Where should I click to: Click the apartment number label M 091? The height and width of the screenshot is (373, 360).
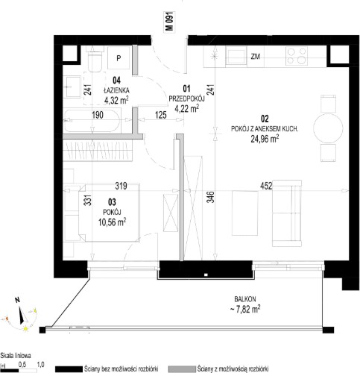(169, 22)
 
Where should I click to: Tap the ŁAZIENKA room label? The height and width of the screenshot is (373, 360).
(116, 90)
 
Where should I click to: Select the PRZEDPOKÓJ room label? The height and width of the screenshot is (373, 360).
(186, 98)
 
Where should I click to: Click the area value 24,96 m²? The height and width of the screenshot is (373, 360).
(265, 139)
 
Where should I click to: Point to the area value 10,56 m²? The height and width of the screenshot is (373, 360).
(112, 222)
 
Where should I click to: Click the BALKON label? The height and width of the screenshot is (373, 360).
(245, 299)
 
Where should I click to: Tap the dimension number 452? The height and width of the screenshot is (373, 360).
(266, 186)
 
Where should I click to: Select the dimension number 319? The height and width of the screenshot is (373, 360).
(121, 186)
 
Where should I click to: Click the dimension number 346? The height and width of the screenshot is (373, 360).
(211, 197)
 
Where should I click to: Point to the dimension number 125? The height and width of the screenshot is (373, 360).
(161, 115)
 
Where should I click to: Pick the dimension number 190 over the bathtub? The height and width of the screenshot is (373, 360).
(98, 115)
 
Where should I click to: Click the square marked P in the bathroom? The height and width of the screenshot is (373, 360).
(119, 58)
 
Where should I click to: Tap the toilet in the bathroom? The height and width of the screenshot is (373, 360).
(95, 60)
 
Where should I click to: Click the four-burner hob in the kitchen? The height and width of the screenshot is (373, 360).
(297, 56)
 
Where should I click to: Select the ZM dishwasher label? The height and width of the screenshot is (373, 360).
(256, 57)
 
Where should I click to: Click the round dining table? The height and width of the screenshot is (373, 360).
(328, 128)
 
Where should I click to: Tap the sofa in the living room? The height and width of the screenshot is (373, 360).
(287, 213)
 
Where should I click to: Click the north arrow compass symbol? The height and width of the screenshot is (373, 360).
(22, 315)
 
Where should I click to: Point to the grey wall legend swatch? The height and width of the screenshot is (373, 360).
(182, 369)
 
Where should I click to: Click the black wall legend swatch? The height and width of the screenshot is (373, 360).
(69, 369)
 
